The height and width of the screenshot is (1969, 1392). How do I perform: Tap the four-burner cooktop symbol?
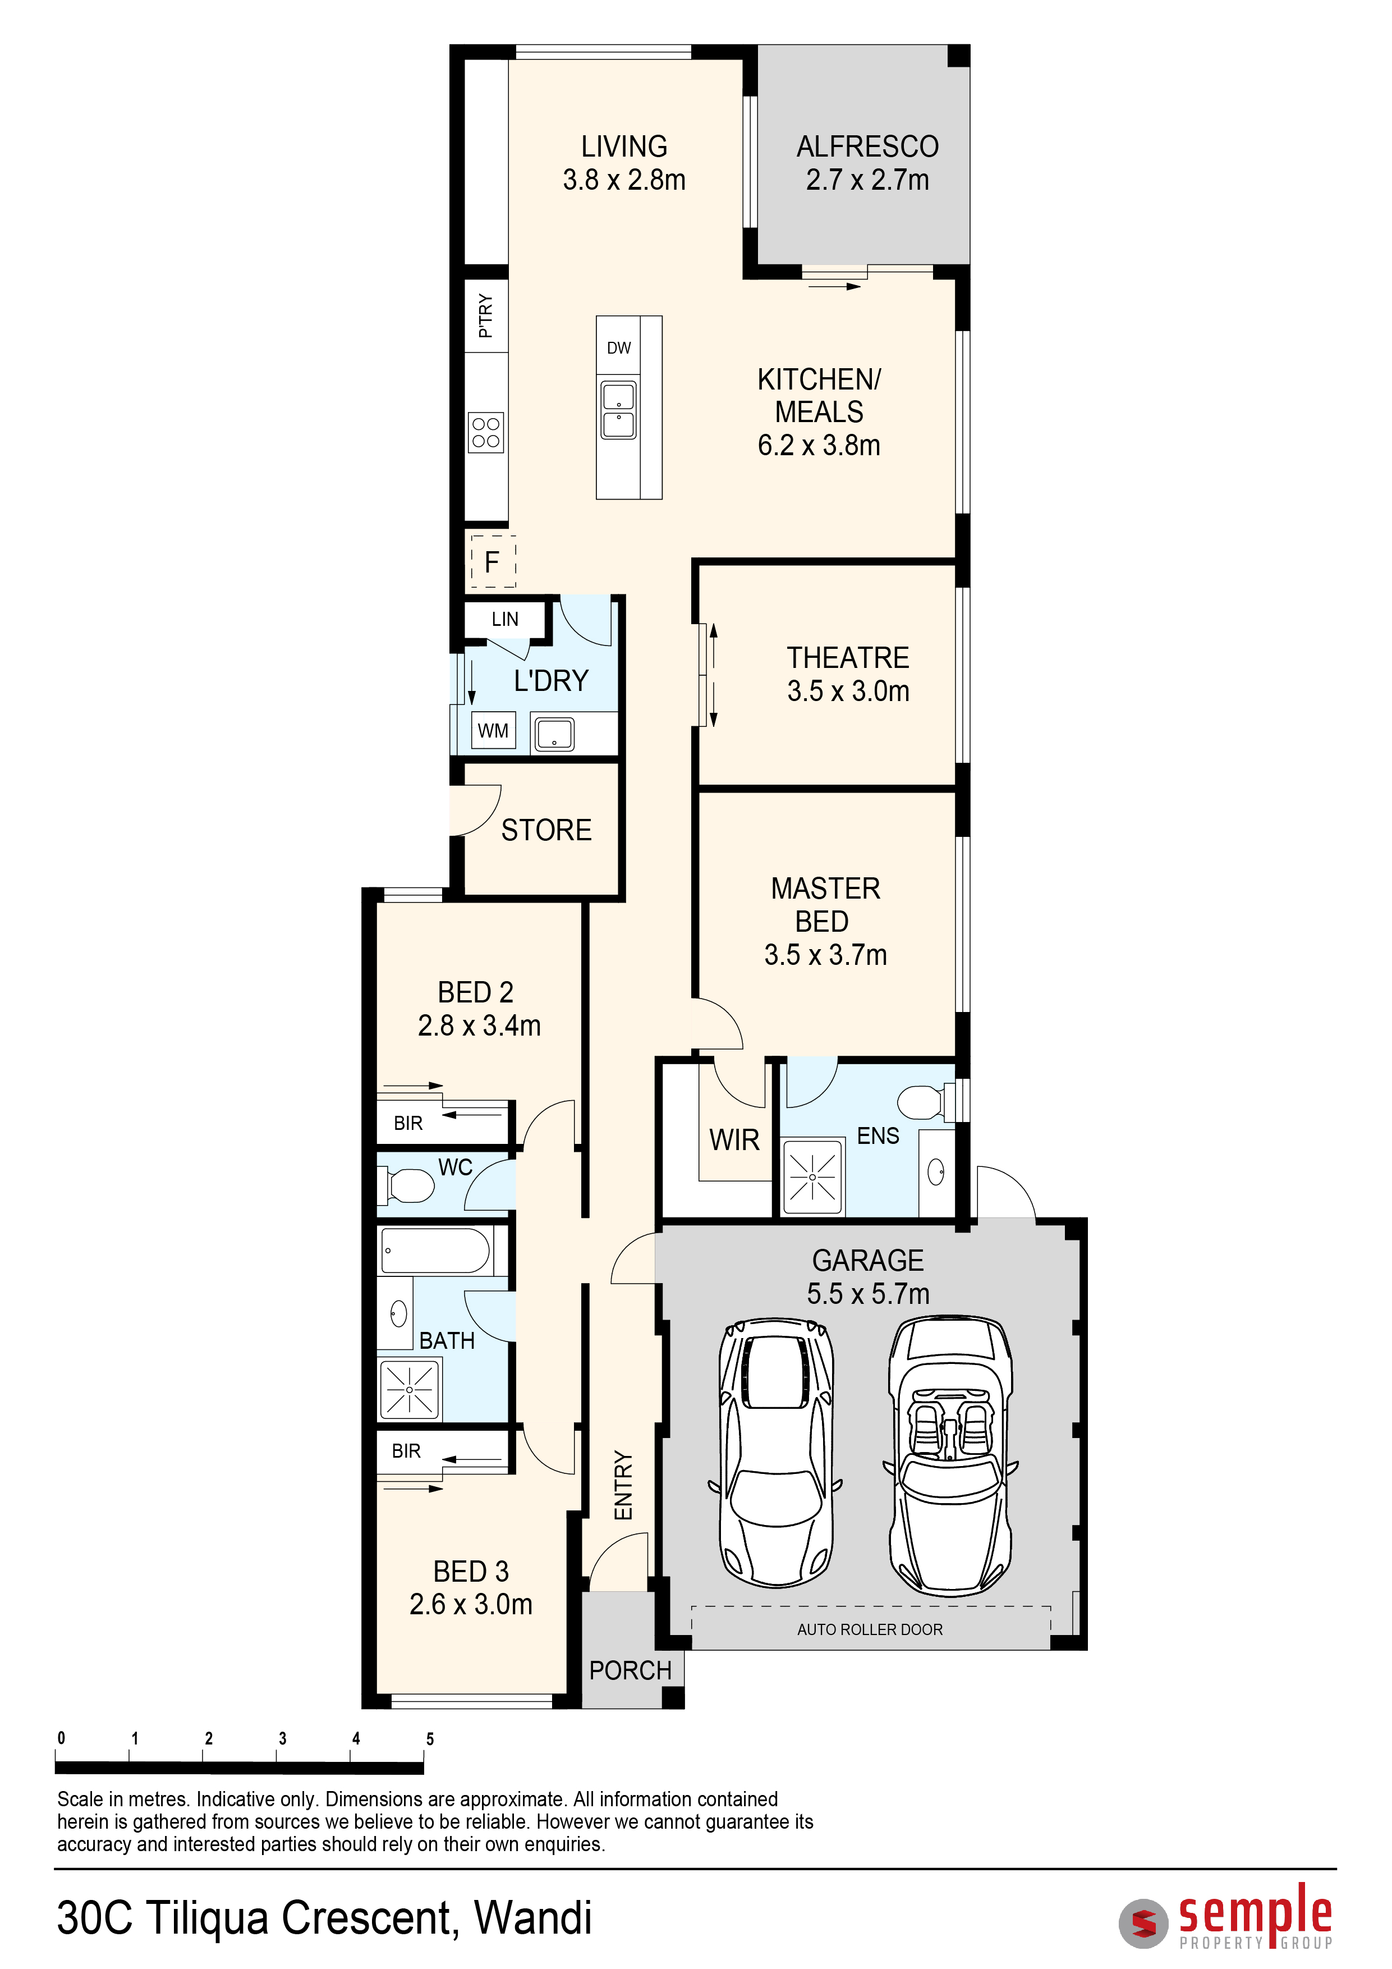pyautogui.click(x=486, y=432)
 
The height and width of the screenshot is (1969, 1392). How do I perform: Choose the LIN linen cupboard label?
pyautogui.click(x=505, y=619)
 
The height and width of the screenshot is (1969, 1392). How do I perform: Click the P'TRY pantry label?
pyautogui.click(x=485, y=315)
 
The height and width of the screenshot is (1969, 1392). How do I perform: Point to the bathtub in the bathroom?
pyautogui.click(x=435, y=1251)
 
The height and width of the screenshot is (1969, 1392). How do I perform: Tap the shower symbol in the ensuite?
pyautogui.click(x=812, y=1176)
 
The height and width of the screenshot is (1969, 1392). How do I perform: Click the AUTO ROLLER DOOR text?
pyautogui.click(x=870, y=1629)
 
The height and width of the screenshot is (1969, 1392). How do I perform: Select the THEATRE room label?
pyautogui.click(x=848, y=658)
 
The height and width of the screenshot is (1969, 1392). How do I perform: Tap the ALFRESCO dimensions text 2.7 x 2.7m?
pyautogui.click(x=867, y=180)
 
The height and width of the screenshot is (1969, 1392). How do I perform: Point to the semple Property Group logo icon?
pyautogui.click(x=1143, y=1924)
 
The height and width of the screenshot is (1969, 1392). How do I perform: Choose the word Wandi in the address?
pyautogui.click(x=532, y=1918)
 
